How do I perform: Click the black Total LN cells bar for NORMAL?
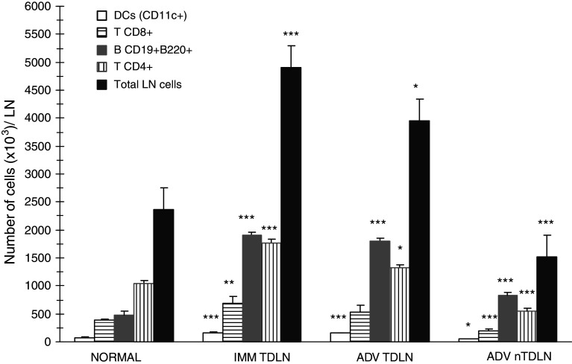click(163, 275)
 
